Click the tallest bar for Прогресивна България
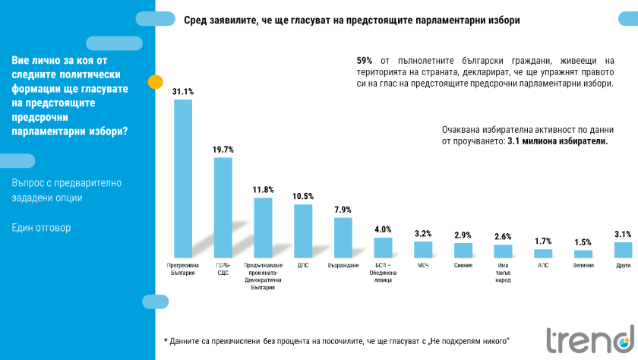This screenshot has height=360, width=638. (182, 178)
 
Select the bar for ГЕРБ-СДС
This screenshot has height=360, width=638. (223, 207)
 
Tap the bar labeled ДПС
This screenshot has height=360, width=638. (303, 231)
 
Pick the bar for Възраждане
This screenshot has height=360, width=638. (343, 238)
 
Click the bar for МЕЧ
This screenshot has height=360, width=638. (423, 250)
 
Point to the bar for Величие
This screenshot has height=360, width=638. (583, 254)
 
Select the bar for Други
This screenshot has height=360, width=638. (623, 250)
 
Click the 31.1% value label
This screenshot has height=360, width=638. (182, 92)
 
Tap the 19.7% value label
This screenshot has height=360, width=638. (223, 150)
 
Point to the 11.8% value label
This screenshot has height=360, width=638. (263, 190)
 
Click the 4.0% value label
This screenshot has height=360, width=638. (383, 229)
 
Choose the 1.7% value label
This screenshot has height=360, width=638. (543, 241)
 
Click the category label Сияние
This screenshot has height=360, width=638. (463, 266)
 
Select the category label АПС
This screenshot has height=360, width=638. (543, 266)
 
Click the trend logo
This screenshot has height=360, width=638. (589, 340)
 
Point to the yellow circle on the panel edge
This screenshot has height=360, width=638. (155, 81)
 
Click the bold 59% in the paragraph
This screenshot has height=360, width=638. (364, 59)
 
